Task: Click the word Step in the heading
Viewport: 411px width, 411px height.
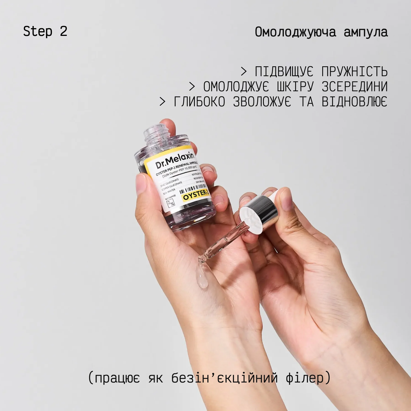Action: coord(38,31)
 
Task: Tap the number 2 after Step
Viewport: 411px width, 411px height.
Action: coord(64,31)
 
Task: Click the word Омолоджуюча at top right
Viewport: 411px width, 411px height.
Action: coord(295,32)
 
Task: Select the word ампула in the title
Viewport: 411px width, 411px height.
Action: coord(366,32)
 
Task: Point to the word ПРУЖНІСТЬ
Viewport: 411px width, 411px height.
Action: coord(355,72)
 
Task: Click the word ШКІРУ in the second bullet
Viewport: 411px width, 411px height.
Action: coord(295,87)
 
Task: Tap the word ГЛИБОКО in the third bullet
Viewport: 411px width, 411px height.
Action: coord(199,102)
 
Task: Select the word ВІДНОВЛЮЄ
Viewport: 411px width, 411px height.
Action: coord(355,102)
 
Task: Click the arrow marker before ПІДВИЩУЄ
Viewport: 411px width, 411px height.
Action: coord(244,72)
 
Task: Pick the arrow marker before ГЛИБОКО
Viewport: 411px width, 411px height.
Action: coord(162,102)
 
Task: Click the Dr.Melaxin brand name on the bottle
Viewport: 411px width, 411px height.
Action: coord(175,160)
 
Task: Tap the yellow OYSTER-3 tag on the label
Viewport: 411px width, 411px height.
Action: coord(196,195)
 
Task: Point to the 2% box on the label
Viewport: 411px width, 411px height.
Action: coord(171,203)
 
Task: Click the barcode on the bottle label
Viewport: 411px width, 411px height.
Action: coord(193,188)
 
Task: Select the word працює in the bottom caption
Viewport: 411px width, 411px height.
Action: coord(117,378)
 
